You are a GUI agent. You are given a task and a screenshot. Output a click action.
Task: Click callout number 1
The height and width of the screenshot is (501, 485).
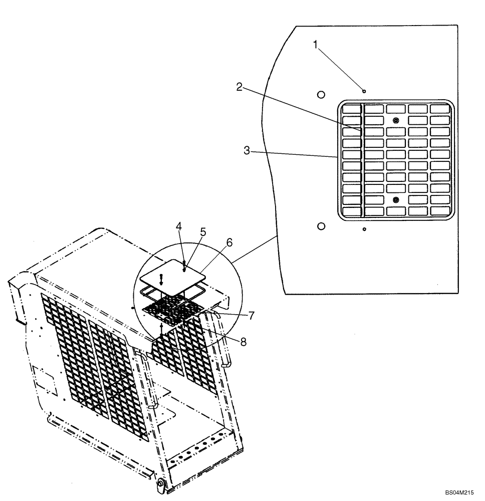[x=316, y=45]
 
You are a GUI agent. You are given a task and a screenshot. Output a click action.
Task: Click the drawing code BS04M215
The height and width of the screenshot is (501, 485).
[x=458, y=492]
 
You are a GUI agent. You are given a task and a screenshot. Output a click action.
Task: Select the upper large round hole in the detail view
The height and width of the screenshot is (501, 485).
[x=322, y=94]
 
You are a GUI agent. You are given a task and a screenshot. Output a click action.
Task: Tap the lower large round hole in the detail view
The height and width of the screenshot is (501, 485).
[x=322, y=226]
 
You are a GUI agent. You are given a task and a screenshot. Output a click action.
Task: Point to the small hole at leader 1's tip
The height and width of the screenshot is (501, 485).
[x=364, y=91]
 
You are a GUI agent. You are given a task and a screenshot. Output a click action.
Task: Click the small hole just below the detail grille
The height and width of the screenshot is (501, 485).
[x=364, y=229]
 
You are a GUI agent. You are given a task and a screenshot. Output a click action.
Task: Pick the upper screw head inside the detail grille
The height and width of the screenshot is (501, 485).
[x=396, y=121]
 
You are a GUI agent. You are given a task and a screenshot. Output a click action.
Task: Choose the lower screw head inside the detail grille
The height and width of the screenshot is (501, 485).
[x=396, y=199]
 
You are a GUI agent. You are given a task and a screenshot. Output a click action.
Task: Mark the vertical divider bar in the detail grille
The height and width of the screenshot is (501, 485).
[x=362, y=160]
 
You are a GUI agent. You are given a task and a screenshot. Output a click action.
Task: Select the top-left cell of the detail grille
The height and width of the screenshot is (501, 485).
[x=351, y=109]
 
